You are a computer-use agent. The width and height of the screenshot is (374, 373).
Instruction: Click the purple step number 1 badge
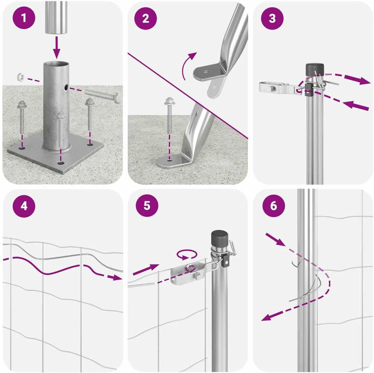(x=24, y=18)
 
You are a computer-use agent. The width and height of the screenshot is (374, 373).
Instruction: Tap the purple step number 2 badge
(x=146, y=19)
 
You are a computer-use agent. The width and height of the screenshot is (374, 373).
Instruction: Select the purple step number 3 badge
(x=272, y=19)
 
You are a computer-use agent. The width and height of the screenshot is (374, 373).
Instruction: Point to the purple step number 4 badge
(x=24, y=206)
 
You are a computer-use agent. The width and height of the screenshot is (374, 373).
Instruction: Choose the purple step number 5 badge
(x=147, y=205)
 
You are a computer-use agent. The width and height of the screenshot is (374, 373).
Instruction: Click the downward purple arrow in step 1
(x=57, y=47)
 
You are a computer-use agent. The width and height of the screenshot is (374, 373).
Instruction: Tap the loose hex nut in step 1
(x=21, y=77)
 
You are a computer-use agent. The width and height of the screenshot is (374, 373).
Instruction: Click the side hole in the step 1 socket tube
(x=66, y=88)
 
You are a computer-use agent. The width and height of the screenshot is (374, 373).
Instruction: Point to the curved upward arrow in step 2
(x=189, y=65)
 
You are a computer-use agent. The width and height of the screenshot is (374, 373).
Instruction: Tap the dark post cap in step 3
(x=315, y=70)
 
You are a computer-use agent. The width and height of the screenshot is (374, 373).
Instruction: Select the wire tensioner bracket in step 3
(x=279, y=88)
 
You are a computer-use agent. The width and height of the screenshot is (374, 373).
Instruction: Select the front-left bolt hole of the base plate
(x=22, y=148)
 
